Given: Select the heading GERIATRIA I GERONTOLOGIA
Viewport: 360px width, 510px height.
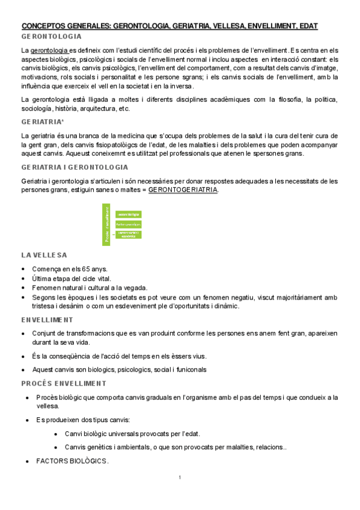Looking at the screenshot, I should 75,167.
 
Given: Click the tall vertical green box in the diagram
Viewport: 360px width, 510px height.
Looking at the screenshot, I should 107,224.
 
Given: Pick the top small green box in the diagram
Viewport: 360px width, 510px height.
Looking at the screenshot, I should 128,214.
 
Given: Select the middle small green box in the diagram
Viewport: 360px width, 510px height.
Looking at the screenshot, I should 128,224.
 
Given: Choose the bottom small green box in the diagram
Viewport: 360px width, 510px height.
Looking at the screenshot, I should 128,235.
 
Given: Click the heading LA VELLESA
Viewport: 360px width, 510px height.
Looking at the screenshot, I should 44,255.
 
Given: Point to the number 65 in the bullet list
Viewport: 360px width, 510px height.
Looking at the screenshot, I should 82,269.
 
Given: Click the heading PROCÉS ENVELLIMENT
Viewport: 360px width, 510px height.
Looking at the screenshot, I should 63,383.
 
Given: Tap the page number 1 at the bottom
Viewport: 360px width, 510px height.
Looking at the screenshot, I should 180,478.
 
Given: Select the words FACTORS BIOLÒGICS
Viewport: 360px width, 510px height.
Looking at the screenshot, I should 72,461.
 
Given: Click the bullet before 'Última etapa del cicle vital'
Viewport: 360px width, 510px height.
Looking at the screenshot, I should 23,278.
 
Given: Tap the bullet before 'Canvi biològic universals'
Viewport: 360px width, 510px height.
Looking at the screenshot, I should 56,434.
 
